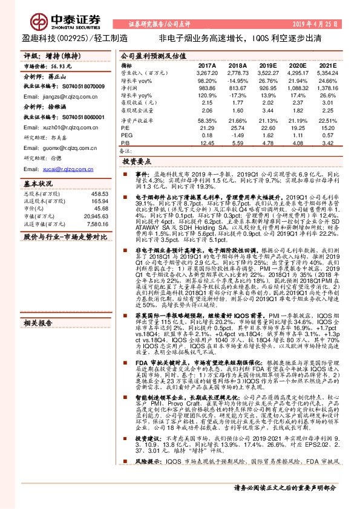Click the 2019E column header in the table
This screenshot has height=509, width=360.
tap(267, 65)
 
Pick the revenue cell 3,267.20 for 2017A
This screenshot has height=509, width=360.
tap(206, 72)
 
